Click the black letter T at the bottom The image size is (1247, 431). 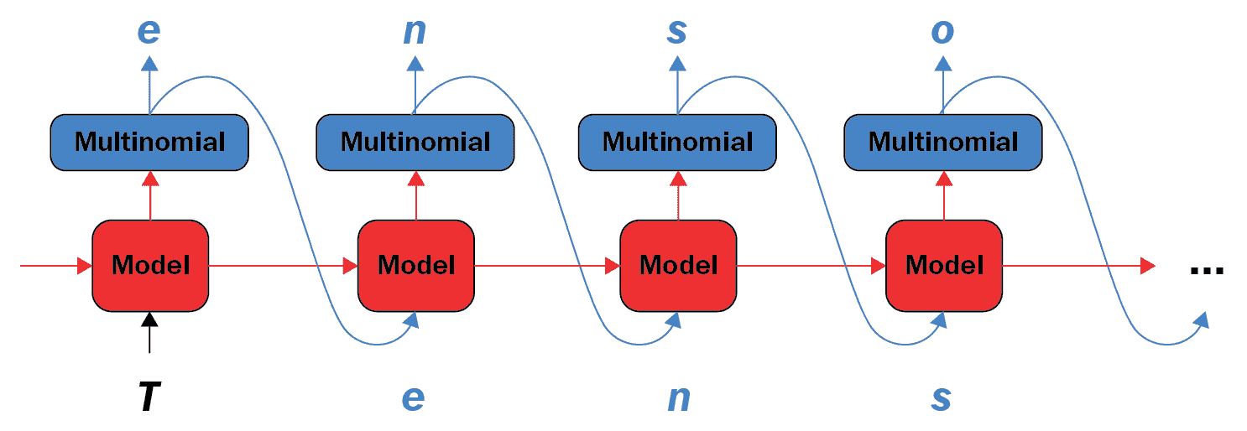click(149, 397)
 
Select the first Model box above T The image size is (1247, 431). click(150, 265)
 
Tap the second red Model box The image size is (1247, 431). click(416, 265)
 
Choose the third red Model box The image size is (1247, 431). click(678, 265)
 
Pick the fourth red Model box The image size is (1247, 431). click(944, 265)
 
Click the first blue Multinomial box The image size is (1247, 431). click(149, 143)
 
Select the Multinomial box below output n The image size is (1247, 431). click(415, 143)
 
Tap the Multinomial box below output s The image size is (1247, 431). click(677, 143)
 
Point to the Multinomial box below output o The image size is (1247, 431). click(943, 143)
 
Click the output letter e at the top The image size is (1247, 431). click(149, 31)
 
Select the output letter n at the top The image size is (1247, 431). click(415, 31)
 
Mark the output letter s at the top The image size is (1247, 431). click(677, 31)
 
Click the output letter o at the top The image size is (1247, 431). click(942, 31)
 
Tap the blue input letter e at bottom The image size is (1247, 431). click(413, 398)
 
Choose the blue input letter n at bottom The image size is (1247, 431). click(679, 398)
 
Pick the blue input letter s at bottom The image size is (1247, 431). click(941, 398)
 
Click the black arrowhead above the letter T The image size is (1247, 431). click(149, 319)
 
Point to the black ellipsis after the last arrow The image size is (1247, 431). click(1207, 271)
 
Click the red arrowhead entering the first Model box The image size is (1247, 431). click(85, 266)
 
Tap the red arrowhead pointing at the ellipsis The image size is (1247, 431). click(1147, 266)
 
